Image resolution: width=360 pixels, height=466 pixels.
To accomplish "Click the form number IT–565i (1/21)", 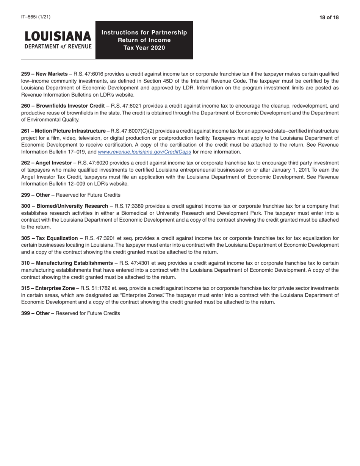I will pyautogui.click(x=36, y=17).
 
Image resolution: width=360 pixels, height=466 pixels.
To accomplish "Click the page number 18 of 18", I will pyautogui.click(x=329, y=17).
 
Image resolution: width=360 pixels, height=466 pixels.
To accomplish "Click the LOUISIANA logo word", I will pyautogui.click(x=58, y=36).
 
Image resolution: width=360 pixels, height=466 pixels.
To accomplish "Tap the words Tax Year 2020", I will pyautogui.click(x=144, y=48).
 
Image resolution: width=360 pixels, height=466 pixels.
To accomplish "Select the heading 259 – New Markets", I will pyautogui.click(x=44, y=74).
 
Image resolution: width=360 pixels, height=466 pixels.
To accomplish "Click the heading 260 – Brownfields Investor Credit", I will pyautogui.click(x=63, y=106).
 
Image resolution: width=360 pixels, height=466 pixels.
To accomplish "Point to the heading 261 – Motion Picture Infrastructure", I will pyautogui.click(x=63, y=131).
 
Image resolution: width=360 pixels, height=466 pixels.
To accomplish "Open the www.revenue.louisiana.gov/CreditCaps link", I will pyautogui.click(x=144, y=152).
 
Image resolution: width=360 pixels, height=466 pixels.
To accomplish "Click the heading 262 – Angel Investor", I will pyautogui.click(x=46, y=163).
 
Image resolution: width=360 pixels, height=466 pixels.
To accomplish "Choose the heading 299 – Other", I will pyautogui.click(x=35, y=195).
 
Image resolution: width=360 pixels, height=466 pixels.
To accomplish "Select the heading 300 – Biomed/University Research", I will pyautogui.click(x=64, y=206).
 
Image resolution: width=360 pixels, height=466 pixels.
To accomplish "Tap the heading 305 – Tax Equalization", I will pyautogui.click(x=49, y=238).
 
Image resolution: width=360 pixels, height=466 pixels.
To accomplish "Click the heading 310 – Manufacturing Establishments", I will pyautogui.click(x=67, y=263).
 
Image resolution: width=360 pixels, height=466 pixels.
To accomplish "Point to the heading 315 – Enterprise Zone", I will pyautogui.click(x=48, y=288).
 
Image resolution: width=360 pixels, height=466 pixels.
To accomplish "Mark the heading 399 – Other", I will pyautogui.click(x=35, y=313).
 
